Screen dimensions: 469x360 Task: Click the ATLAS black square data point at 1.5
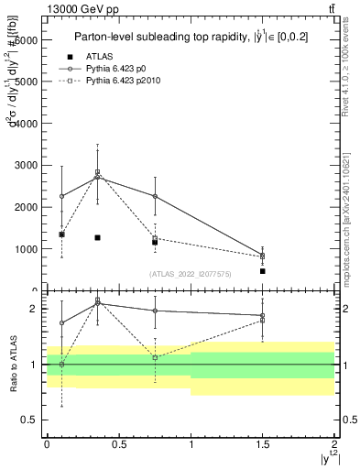pos(263,271)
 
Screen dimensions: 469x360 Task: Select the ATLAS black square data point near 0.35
pos(97,237)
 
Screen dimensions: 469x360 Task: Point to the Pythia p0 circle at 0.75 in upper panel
pos(155,197)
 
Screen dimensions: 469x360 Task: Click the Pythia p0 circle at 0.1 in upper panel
pos(61,196)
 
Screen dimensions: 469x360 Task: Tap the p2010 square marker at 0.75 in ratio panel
pos(155,357)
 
